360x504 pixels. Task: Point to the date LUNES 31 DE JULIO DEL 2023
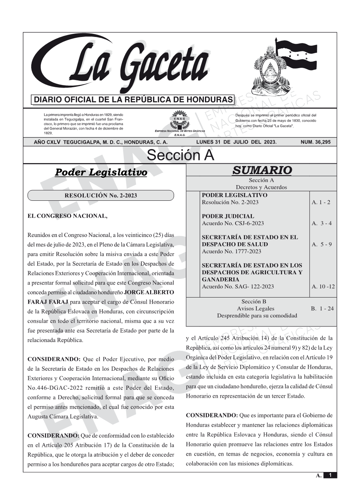coord(236,142)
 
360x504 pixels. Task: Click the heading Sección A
coord(180,155)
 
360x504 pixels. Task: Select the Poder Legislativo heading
coord(101,172)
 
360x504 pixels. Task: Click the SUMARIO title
coord(262,170)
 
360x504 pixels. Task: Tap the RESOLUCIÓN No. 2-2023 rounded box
coord(101,196)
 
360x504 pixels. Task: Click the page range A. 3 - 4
coord(322,223)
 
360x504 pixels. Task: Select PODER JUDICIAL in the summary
coord(228,216)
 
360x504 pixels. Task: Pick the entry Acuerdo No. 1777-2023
coord(231,251)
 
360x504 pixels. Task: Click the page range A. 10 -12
coord(323,286)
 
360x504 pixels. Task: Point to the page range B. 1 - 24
coord(322,309)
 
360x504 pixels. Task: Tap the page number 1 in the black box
coord(330,475)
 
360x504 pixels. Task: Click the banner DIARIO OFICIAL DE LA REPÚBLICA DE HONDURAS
coord(133,100)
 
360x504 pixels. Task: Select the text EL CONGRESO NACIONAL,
coord(67,216)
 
